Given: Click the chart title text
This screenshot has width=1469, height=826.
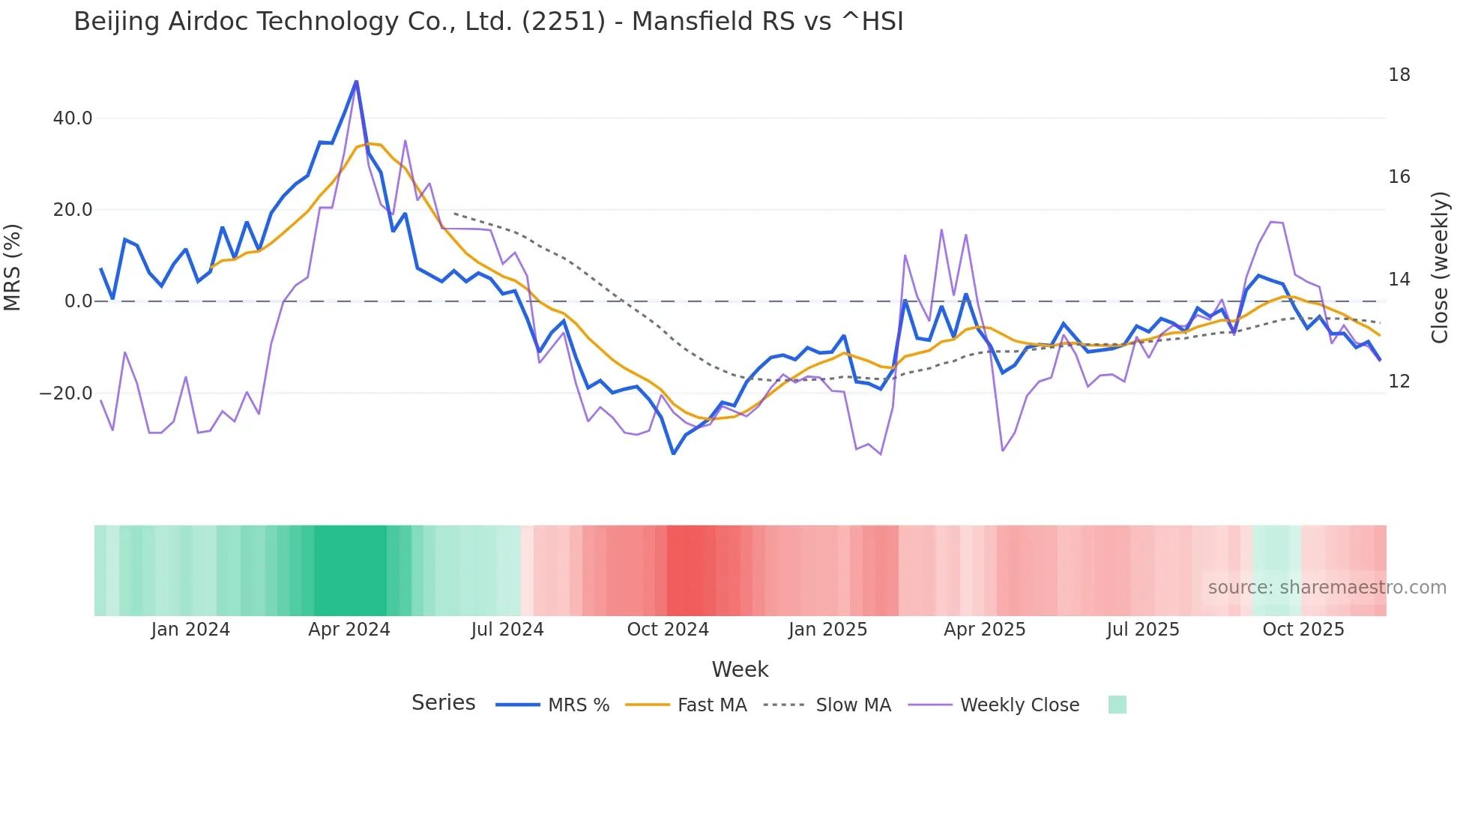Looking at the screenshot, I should [x=489, y=22].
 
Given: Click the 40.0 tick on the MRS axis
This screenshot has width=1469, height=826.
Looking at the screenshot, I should [x=73, y=118].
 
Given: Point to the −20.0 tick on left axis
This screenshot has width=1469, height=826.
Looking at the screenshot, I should [x=66, y=394].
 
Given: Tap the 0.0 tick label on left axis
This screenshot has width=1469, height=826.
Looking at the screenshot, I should [x=79, y=301].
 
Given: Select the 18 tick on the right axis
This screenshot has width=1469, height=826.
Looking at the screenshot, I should [x=1399, y=75].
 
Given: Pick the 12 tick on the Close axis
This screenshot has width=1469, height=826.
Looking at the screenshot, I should [x=1399, y=382].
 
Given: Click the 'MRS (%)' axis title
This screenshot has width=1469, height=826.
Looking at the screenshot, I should [x=13, y=267].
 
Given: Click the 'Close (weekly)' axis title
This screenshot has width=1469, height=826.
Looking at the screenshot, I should [x=1439, y=267].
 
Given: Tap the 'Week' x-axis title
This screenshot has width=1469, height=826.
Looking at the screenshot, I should [x=740, y=669].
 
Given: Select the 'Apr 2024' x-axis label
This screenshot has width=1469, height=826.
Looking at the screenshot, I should [x=349, y=630].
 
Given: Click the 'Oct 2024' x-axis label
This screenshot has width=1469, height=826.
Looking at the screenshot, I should [x=668, y=630].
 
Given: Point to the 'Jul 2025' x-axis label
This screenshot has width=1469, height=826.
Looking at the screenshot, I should [x=1143, y=630].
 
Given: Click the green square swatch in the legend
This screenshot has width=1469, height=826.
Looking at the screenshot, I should [x=1117, y=705].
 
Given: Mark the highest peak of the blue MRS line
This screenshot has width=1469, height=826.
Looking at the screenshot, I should [x=356, y=81].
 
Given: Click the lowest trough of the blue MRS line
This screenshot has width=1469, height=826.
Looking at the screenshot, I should [x=673, y=453].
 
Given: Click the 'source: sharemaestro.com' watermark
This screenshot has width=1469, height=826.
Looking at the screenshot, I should [x=1327, y=588].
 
